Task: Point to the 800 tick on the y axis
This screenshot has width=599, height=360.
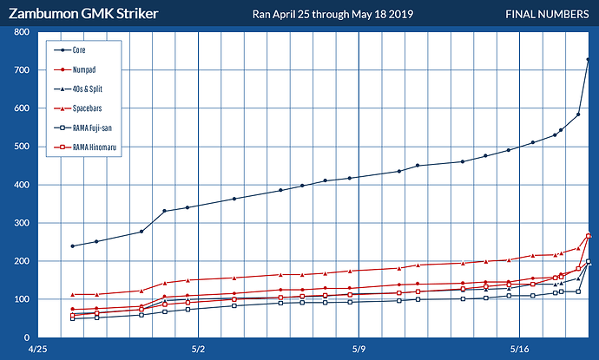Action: (22, 32)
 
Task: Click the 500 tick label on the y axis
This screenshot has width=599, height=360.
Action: (22, 147)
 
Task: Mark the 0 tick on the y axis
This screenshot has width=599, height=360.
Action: (27, 337)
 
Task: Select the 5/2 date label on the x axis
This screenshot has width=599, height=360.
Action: (199, 350)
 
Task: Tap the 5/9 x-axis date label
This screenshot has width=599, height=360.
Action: (359, 350)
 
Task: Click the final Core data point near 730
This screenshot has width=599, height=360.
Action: (589, 59)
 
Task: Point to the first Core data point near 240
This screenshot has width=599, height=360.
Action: (73, 245)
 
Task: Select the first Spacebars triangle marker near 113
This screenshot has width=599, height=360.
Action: (73, 294)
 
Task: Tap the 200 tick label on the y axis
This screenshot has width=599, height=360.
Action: (22, 261)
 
